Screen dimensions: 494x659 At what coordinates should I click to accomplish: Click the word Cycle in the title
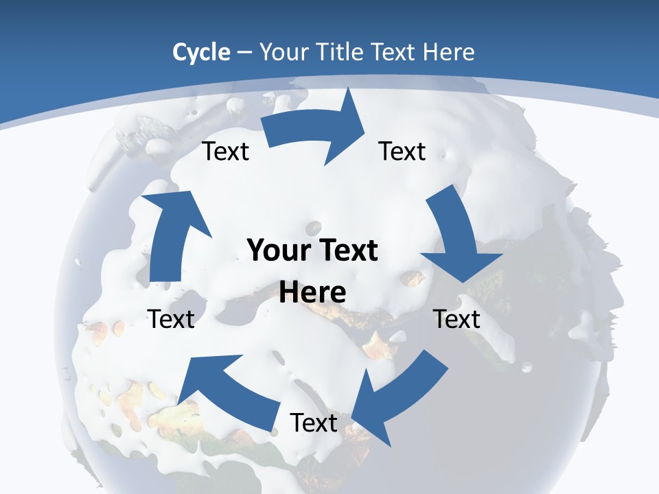click(201, 52)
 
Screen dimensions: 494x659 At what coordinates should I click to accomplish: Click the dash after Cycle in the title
click(244, 53)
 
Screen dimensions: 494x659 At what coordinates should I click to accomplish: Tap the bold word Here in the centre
click(312, 292)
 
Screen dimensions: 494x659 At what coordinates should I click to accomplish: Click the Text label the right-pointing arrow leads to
click(402, 151)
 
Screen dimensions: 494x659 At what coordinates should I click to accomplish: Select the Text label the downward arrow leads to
click(456, 319)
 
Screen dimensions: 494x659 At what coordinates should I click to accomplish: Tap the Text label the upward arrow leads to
click(225, 151)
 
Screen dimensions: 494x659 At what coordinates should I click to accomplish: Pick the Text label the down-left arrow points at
click(314, 423)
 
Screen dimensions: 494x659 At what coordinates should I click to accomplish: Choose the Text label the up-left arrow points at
click(172, 319)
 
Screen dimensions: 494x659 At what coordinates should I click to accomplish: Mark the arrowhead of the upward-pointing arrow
click(175, 206)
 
